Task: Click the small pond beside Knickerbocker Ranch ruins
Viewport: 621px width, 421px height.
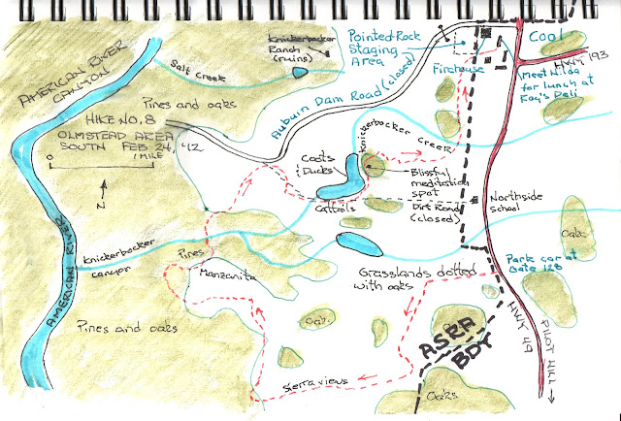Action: [x=300, y=71]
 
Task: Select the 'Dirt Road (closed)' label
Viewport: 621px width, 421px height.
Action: [x=435, y=212]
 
